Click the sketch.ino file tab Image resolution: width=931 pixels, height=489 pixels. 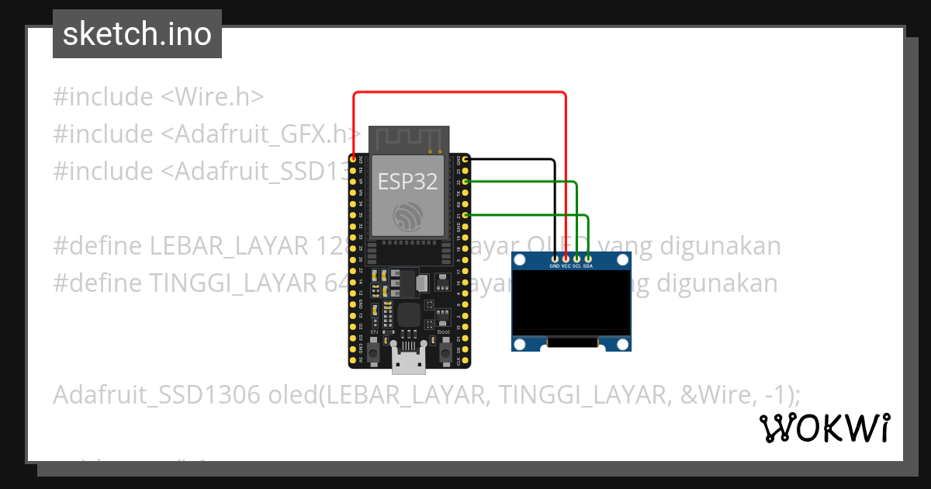pos(137,34)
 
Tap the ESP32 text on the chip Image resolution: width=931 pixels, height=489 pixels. pos(407,182)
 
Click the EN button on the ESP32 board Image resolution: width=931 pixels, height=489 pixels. pos(374,353)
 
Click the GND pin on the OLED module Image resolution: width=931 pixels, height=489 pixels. pos(554,258)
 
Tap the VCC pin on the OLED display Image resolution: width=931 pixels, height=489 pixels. pos(566,258)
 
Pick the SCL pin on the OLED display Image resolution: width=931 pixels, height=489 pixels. pos(577,258)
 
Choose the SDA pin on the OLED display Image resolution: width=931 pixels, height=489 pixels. pos(589,258)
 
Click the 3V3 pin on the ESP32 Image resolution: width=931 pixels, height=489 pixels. pos(354,159)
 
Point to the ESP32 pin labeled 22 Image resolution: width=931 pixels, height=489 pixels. pos(465,182)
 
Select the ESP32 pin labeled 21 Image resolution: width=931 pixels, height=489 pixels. pos(465,215)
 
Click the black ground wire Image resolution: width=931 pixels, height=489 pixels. pos(554,202)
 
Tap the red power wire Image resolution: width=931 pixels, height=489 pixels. pos(458,92)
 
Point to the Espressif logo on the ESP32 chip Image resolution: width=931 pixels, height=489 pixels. pos(407,214)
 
